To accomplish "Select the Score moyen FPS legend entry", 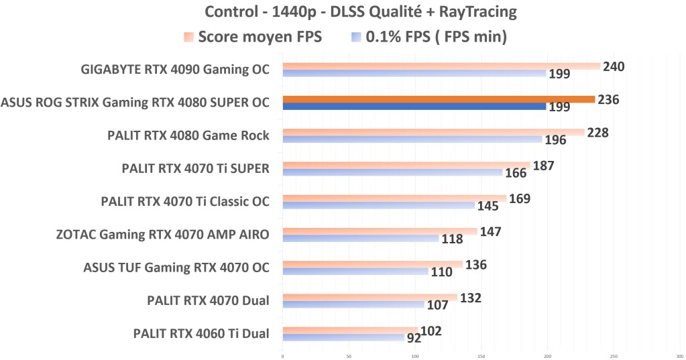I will point(253,38).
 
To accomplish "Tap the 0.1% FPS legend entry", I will point(429,38).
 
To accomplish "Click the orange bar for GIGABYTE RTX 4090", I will point(441,66).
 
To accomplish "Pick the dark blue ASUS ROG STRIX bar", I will point(414,106).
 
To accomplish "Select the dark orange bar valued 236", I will point(439,99).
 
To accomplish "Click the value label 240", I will point(614,66).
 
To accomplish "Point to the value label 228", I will point(597,132).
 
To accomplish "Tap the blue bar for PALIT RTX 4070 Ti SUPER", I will point(392,172).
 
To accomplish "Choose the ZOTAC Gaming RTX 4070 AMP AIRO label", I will point(163,235).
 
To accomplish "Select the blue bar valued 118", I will point(360,238).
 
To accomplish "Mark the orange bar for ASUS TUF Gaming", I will point(372,264).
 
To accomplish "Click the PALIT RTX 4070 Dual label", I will point(208,300).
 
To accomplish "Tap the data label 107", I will point(437,305).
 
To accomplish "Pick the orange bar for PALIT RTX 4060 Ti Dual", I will point(349,330).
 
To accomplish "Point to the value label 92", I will point(414,338).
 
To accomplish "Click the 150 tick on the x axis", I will point(481,356).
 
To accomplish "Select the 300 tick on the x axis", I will point(679,356).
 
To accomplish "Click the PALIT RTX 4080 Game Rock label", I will point(188,136).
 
